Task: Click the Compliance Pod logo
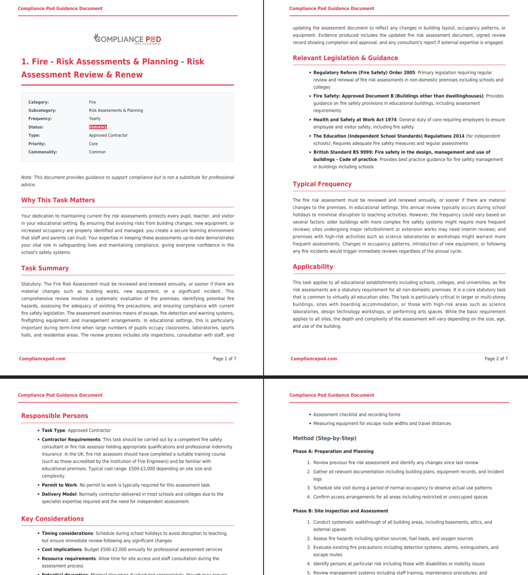click(128, 39)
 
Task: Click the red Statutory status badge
click(98, 127)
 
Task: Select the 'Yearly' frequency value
click(95, 119)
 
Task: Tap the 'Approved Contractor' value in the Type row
click(108, 136)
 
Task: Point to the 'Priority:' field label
click(37, 144)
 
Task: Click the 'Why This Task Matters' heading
click(58, 200)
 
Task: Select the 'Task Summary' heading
click(45, 268)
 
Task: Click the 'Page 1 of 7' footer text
click(224, 359)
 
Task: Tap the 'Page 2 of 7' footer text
click(496, 359)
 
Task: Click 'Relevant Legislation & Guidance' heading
click(345, 58)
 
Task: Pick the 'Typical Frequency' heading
click(322, 184)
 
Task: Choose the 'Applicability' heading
click(313, 267)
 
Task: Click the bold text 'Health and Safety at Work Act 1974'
click(355, 120)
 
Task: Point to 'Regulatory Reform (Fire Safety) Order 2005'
click(364, 73)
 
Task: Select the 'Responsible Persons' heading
click(55, 416)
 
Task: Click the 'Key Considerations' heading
click(52, 519)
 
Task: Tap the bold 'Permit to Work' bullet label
click(59, 485)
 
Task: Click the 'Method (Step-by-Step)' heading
click(324, 438)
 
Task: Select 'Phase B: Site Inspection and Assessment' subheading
click(340, 511)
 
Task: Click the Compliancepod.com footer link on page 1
click(42, 359)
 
